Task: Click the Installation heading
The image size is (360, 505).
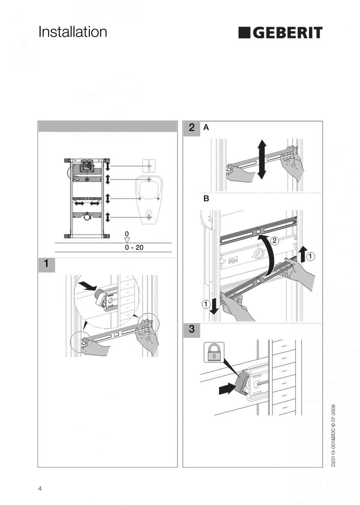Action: point(73,32)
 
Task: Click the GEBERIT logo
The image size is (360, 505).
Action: point(280,33)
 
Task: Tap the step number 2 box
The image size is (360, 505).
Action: point(191,128)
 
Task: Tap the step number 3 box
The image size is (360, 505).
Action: point(191,330)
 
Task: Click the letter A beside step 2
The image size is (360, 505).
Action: point(206,128)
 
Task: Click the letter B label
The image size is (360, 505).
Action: point(206,199)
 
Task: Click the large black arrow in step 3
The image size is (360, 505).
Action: point(226,389)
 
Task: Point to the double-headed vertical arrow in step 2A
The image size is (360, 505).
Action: point(262,159)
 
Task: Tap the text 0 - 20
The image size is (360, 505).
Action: point(134,248)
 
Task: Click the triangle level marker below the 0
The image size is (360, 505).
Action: point(126,240)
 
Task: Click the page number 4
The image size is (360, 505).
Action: point(40,489)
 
